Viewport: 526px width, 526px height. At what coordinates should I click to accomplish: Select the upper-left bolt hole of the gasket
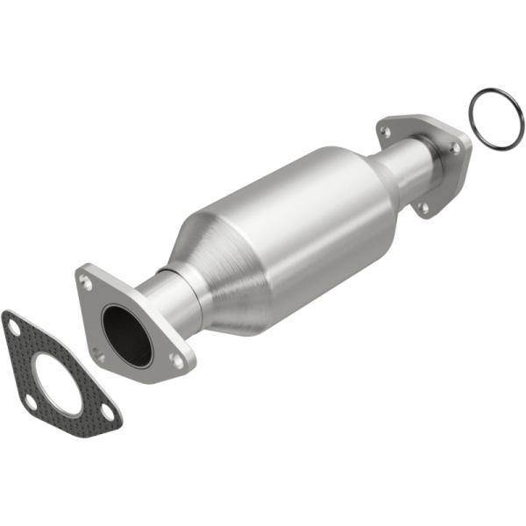[12, 326]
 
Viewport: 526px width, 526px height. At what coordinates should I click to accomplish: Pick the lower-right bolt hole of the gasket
[107, 410]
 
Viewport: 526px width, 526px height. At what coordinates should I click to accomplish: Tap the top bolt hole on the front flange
[86, 281]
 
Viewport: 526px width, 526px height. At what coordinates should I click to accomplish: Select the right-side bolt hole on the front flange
[178, 360]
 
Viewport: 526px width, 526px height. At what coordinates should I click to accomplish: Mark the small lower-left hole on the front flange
[99, 355]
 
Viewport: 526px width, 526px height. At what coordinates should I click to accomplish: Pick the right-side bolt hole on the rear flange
[455, 149]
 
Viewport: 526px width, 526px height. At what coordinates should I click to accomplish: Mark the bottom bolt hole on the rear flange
[424, 208]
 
